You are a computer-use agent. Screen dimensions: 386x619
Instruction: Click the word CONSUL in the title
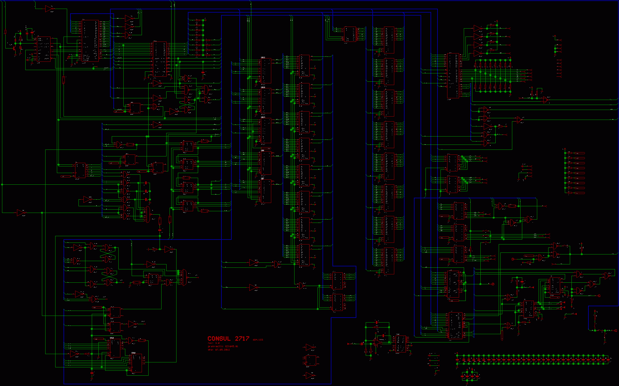pyautogui.click(x=219, y=338)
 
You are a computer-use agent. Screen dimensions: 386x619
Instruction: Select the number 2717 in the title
pyautogui.click(x=242, y=338)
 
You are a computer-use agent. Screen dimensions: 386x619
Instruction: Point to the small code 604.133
pyautogui.click(x=258, y=340)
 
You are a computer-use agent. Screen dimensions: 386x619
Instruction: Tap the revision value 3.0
pyautogui.click(x=217, y=343)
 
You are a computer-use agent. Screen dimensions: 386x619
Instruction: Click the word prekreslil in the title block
pyautogui.click(x=215, y=346)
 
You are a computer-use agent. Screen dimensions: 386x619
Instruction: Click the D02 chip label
pyautogui.click(x=263, y=58)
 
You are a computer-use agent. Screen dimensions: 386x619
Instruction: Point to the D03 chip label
pyautogui.click(x=263, y=87)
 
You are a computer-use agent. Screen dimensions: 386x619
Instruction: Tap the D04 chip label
pyautogui.click(x=263, y=117)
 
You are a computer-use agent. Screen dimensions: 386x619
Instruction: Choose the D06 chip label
pyautogui.click(x=262, y=150)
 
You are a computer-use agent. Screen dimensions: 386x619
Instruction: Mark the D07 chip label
pyautogui.click(x=262, y=179)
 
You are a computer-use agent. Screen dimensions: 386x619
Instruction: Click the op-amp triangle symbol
pyautogui.click(x=377, y=342)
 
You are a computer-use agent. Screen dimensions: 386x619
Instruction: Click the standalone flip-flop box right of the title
pyautogui.click(x=311, y=360)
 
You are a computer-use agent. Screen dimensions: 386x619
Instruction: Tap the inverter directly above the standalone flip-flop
pyautogui.click(x=309, y=347)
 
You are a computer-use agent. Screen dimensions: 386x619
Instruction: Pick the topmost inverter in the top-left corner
pyautogui.click(x=49, y=9)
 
